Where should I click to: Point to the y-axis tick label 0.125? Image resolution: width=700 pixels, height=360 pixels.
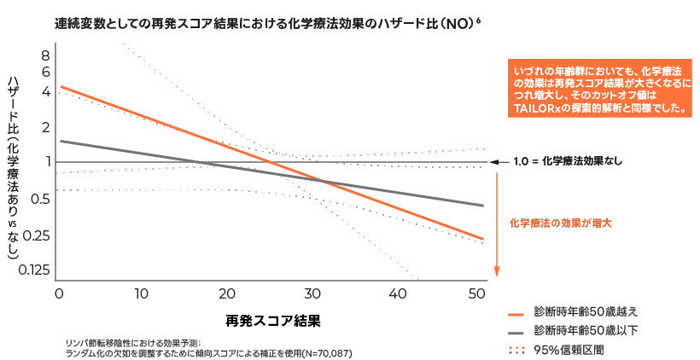pos(34,271)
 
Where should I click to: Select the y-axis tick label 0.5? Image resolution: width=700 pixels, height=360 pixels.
pos(40,199)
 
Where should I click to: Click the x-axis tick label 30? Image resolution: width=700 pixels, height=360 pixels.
pos(313,293)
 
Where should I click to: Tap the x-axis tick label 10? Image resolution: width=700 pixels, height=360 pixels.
pos(143,293)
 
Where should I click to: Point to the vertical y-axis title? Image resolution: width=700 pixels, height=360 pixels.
pos(12,166)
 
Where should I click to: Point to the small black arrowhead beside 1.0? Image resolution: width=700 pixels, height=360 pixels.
pos(493,160)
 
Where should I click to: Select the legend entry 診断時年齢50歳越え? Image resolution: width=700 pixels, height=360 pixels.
pos(585,311)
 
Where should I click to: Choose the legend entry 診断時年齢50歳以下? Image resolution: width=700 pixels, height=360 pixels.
pos(585,330)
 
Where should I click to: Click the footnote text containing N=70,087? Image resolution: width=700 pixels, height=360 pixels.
pos(209,351)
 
